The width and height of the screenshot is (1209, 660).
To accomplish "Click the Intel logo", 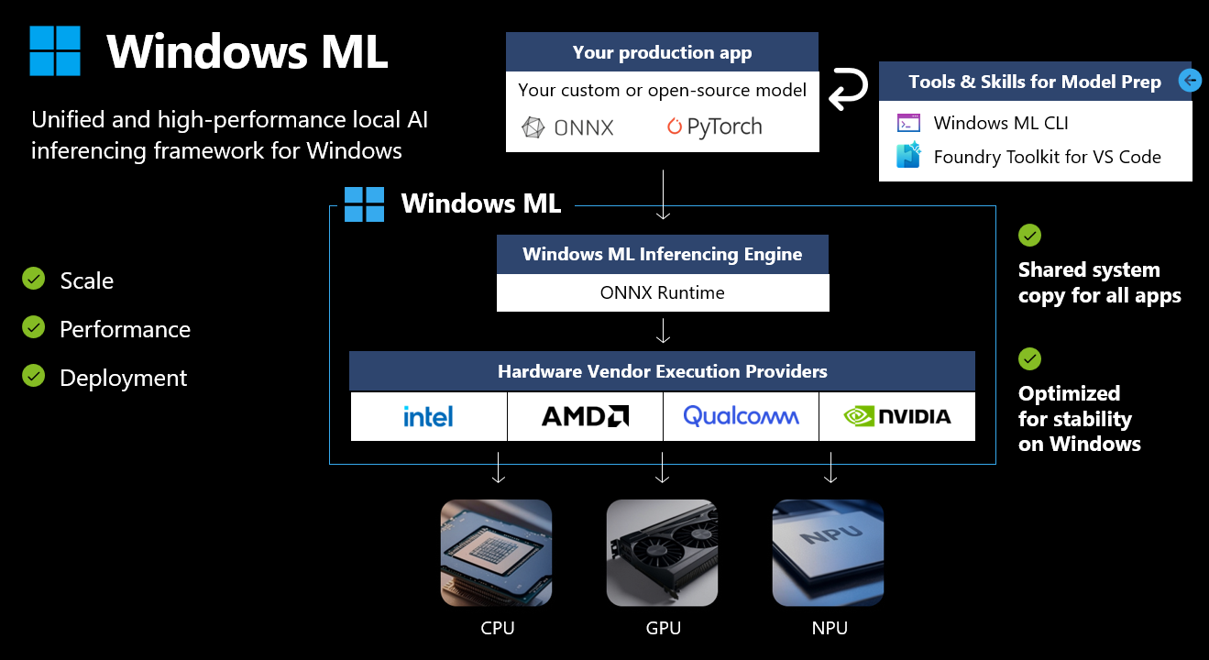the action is coord(428,416).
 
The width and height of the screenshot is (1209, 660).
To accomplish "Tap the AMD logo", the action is coord(585,416).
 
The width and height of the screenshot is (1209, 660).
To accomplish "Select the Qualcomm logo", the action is coord(741,416).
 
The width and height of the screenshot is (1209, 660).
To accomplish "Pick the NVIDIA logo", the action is coord(897,416).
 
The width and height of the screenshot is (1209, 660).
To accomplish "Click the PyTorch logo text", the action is coord(714,126).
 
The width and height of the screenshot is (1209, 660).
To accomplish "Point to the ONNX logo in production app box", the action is coord(567,128).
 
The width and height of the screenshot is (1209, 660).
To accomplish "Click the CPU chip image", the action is coord(496,553).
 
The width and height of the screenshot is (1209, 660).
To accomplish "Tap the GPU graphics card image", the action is coord(663,553).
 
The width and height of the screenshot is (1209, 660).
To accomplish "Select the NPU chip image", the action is coord(828,553).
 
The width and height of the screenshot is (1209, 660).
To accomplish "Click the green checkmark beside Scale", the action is coord(34,279).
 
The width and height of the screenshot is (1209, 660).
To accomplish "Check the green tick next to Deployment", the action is coord(34,376).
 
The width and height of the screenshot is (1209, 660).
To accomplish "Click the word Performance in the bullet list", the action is coord(126,329).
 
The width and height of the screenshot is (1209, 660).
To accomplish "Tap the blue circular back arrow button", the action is coord(1190,81).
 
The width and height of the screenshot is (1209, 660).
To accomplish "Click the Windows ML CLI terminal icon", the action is coord(909,123).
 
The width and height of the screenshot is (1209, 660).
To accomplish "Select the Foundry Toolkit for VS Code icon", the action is coord(909,156).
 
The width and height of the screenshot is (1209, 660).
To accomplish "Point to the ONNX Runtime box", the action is coord(663,292).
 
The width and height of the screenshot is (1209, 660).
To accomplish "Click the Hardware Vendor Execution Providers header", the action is coord(663,371).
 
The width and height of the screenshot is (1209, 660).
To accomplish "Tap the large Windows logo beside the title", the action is coord(55,50).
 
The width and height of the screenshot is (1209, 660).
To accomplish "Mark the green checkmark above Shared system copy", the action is coord(1030,236).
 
